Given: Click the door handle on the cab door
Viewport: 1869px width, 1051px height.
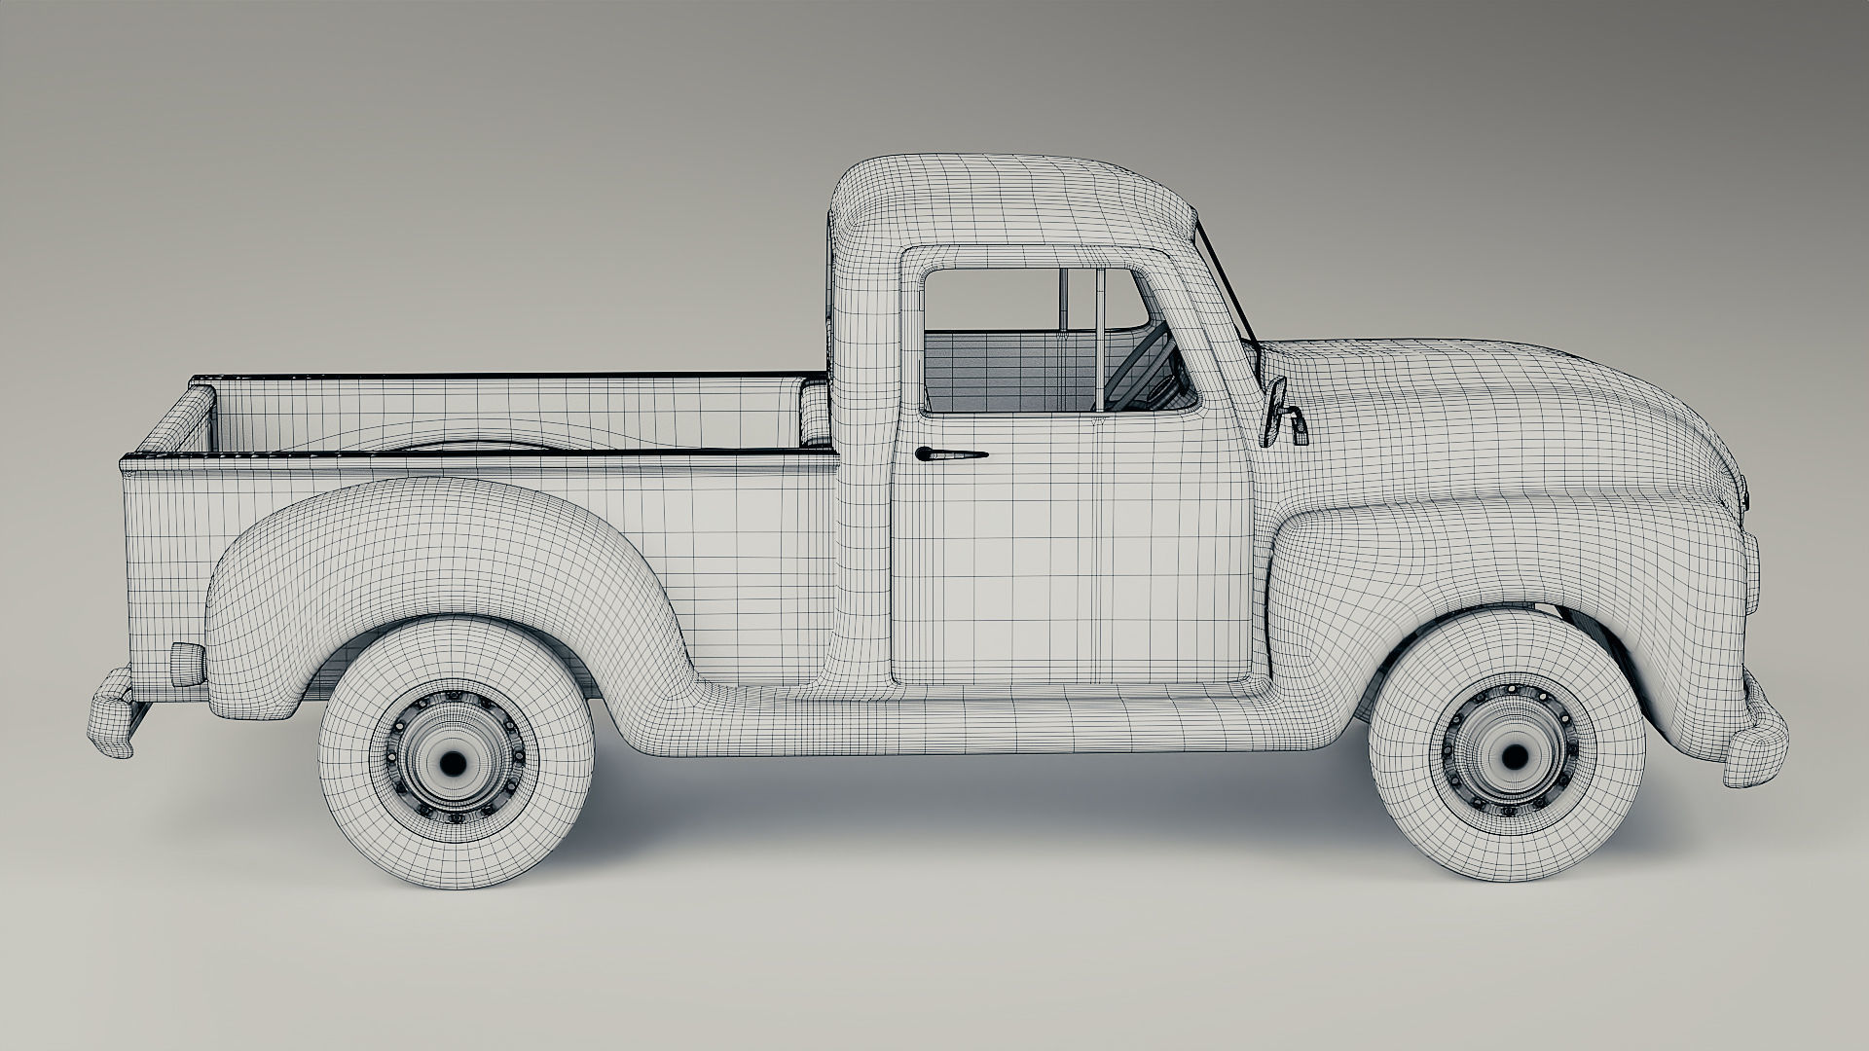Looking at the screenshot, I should pos(949,453).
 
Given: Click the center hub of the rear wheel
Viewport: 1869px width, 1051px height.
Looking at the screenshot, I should pos(454,763).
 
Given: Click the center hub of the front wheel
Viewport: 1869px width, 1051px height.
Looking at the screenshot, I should pos(1514,755).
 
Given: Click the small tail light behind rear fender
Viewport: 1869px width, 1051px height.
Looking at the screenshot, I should pos(186,664).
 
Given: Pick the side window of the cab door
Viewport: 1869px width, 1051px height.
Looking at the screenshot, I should pos(1012,341).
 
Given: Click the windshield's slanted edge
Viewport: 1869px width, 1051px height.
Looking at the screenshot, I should pos(1225,282).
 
